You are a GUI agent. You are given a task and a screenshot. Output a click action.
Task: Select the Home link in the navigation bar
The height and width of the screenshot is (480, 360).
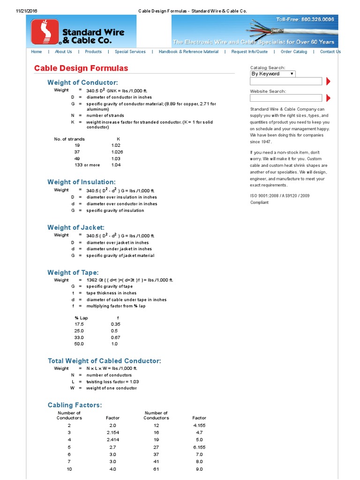[x=36, y=52]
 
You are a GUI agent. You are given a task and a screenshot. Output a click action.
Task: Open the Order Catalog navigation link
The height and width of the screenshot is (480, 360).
[x=294, y=52]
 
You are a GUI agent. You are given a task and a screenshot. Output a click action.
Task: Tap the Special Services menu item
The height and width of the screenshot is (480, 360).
[x=130, y=52]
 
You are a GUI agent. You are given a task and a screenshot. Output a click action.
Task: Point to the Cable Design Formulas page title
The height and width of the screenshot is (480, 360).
[x=81, y=68]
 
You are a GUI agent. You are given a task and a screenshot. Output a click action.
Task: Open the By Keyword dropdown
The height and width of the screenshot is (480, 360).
[x=272, y=74]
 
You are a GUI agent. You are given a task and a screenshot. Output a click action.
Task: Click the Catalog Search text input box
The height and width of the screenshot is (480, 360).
[x=286, y=82]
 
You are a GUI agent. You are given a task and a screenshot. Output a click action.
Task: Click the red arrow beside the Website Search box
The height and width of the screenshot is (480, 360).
[x=328, y=98]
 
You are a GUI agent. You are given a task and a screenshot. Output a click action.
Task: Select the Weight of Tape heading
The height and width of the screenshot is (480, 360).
[x=73, y=272]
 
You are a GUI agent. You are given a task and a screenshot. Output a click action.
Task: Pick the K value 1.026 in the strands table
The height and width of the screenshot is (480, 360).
[x=117, y=152]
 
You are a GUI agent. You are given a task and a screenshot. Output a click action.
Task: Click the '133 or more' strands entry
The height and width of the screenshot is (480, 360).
[x=87, y=165]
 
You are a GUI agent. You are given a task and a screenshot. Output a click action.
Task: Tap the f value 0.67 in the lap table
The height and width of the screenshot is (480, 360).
[x=115, y=337]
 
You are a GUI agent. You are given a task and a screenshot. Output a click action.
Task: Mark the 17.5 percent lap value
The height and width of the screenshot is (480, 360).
[x=79, y=324]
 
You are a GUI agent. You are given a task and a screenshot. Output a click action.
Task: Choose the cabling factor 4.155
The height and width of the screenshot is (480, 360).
[x=199, y=425]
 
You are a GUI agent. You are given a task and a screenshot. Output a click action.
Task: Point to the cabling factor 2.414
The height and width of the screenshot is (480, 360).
[x=113, y=440]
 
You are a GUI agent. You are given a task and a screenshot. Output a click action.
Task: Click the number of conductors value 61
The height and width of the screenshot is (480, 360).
[x=156, y=469]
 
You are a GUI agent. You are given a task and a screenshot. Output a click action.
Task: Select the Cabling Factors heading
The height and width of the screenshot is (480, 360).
[x=75, y=405]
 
